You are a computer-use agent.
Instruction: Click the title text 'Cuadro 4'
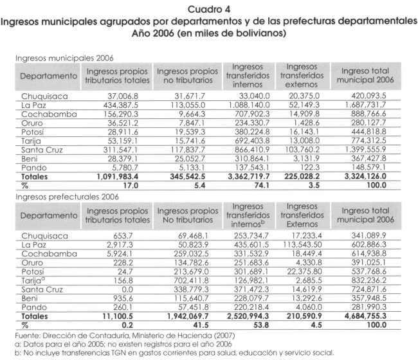(209, 8)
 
